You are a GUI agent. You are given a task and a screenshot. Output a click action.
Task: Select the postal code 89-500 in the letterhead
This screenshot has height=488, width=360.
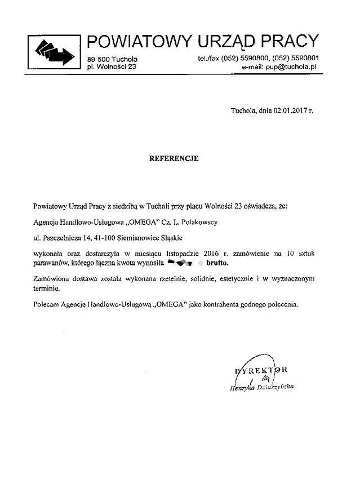[x=100, y=59]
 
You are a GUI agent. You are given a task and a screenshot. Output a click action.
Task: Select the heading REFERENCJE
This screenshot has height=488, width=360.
[x=174, y=159]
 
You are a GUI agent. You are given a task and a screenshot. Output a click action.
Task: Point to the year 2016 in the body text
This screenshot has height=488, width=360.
[x=210, y=251]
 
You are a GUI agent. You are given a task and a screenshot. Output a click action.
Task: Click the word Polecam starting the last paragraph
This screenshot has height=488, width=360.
[x=48, y=304]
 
